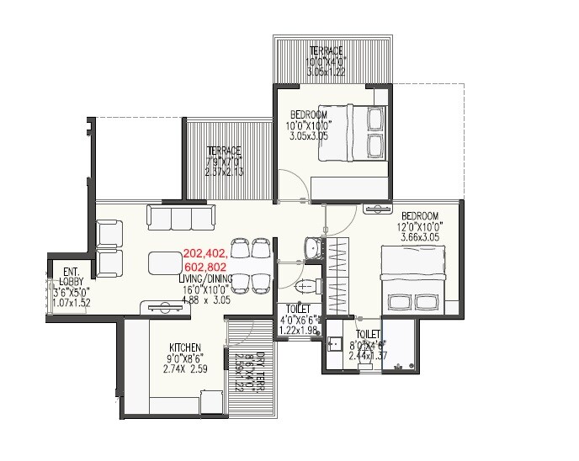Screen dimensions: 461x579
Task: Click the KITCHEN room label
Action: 184,347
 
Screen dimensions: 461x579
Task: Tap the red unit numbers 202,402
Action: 205,252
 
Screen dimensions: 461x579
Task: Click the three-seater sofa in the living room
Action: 180,217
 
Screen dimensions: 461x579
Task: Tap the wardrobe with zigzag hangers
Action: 339,273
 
